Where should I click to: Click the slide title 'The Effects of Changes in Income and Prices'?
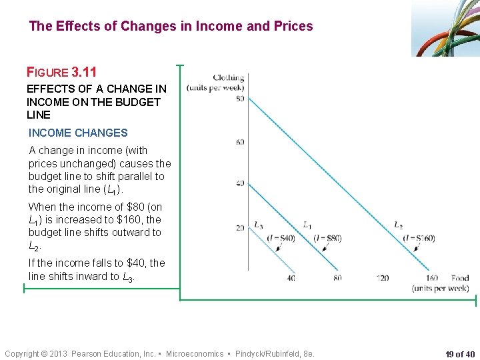pos(171,27)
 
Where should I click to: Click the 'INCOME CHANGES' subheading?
pos(78,133)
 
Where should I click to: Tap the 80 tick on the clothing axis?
pos(239,99)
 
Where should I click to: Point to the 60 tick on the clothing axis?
pos(239,142)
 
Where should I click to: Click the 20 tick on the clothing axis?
pos(239,228)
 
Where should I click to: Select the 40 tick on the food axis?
pos(291,277)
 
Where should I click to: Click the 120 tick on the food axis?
pos(382,277)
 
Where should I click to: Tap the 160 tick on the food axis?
pos(431,277)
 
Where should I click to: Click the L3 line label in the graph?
pos(258,225)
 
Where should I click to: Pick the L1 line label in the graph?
pos(307,225)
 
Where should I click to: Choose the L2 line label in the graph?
pos(398,225)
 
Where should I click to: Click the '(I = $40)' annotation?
pos(281,238)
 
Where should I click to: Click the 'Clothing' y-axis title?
pos(228,78)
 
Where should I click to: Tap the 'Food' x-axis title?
pos(459,278)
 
